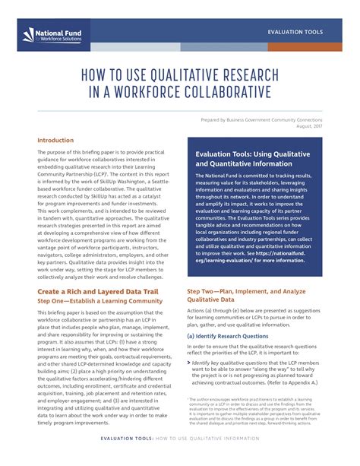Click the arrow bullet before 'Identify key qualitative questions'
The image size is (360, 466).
coord(189,343)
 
